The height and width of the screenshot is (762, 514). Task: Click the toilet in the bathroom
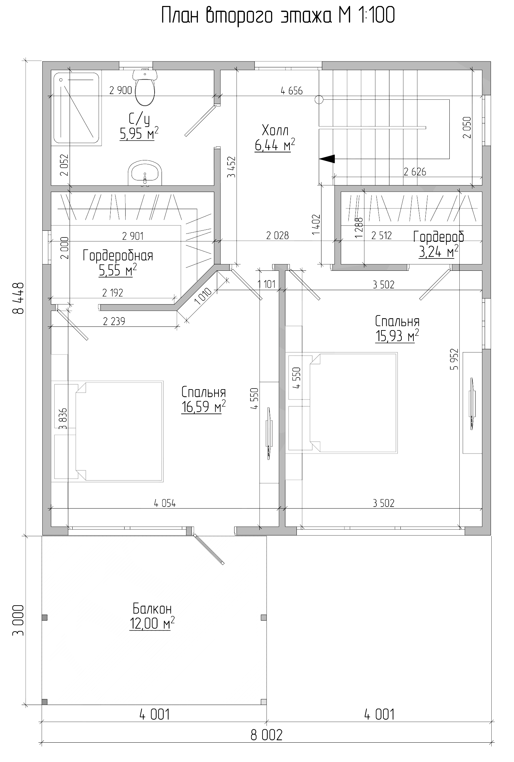pyautogui.click(x=145, y=87)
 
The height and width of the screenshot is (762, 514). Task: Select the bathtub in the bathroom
pyautogui.click(x=77, y=109)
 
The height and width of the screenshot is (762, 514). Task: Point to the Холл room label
pyautogui.click(x=275, y=130)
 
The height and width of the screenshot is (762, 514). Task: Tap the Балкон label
pyautogui.click(x=152, y=609)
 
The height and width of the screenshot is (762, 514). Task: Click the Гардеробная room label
pyautogui.click(x=118, y=256)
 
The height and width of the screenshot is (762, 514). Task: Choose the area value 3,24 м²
pyautogui.click(x=438, y=251)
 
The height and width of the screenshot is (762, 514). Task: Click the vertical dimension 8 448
pyautogui.click(x=18, y=298)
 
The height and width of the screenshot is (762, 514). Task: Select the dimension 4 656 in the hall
pyautogui.click(x=292, y=91)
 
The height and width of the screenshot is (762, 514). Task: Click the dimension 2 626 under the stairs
pyautogui.click(x=415, y=172)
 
